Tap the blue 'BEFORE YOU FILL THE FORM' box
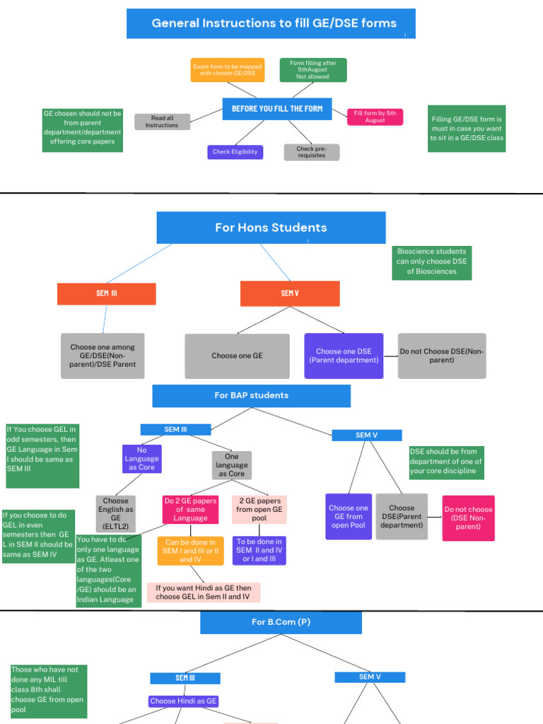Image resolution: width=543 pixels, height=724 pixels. (x=277, y=109)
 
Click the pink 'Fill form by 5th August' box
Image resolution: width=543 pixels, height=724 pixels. (x=375, y=117)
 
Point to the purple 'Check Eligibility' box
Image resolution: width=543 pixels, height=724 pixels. (x=235, y=152)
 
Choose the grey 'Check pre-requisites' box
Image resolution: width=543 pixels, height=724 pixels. (x=311, y=152)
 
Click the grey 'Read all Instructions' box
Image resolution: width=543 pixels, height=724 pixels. (x=162, y=122)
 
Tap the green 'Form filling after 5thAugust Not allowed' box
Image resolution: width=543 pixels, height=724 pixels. (x=313, y=70)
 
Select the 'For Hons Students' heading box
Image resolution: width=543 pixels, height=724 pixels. (x=271, y=228)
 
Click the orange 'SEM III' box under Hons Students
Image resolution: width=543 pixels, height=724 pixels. (x=106, y=293)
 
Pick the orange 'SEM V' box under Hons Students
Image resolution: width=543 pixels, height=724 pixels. (x=290, y=293)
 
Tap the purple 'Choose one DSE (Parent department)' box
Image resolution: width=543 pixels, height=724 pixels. (x=344, y=356)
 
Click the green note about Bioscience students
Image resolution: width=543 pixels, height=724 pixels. (x=431, y=262)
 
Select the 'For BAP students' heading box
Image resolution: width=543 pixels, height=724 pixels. (x=251, y=396)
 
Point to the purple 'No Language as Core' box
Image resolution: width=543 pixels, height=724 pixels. (x=141, y=459)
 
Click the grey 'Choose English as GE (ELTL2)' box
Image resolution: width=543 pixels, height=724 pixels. (x=115, y=514)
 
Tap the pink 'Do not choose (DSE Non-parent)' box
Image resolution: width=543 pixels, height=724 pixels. (x=468, y=518)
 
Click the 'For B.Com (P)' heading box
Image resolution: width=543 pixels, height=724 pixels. (x=281, y=623)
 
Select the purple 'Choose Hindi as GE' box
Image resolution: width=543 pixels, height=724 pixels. (x=183, y=701)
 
